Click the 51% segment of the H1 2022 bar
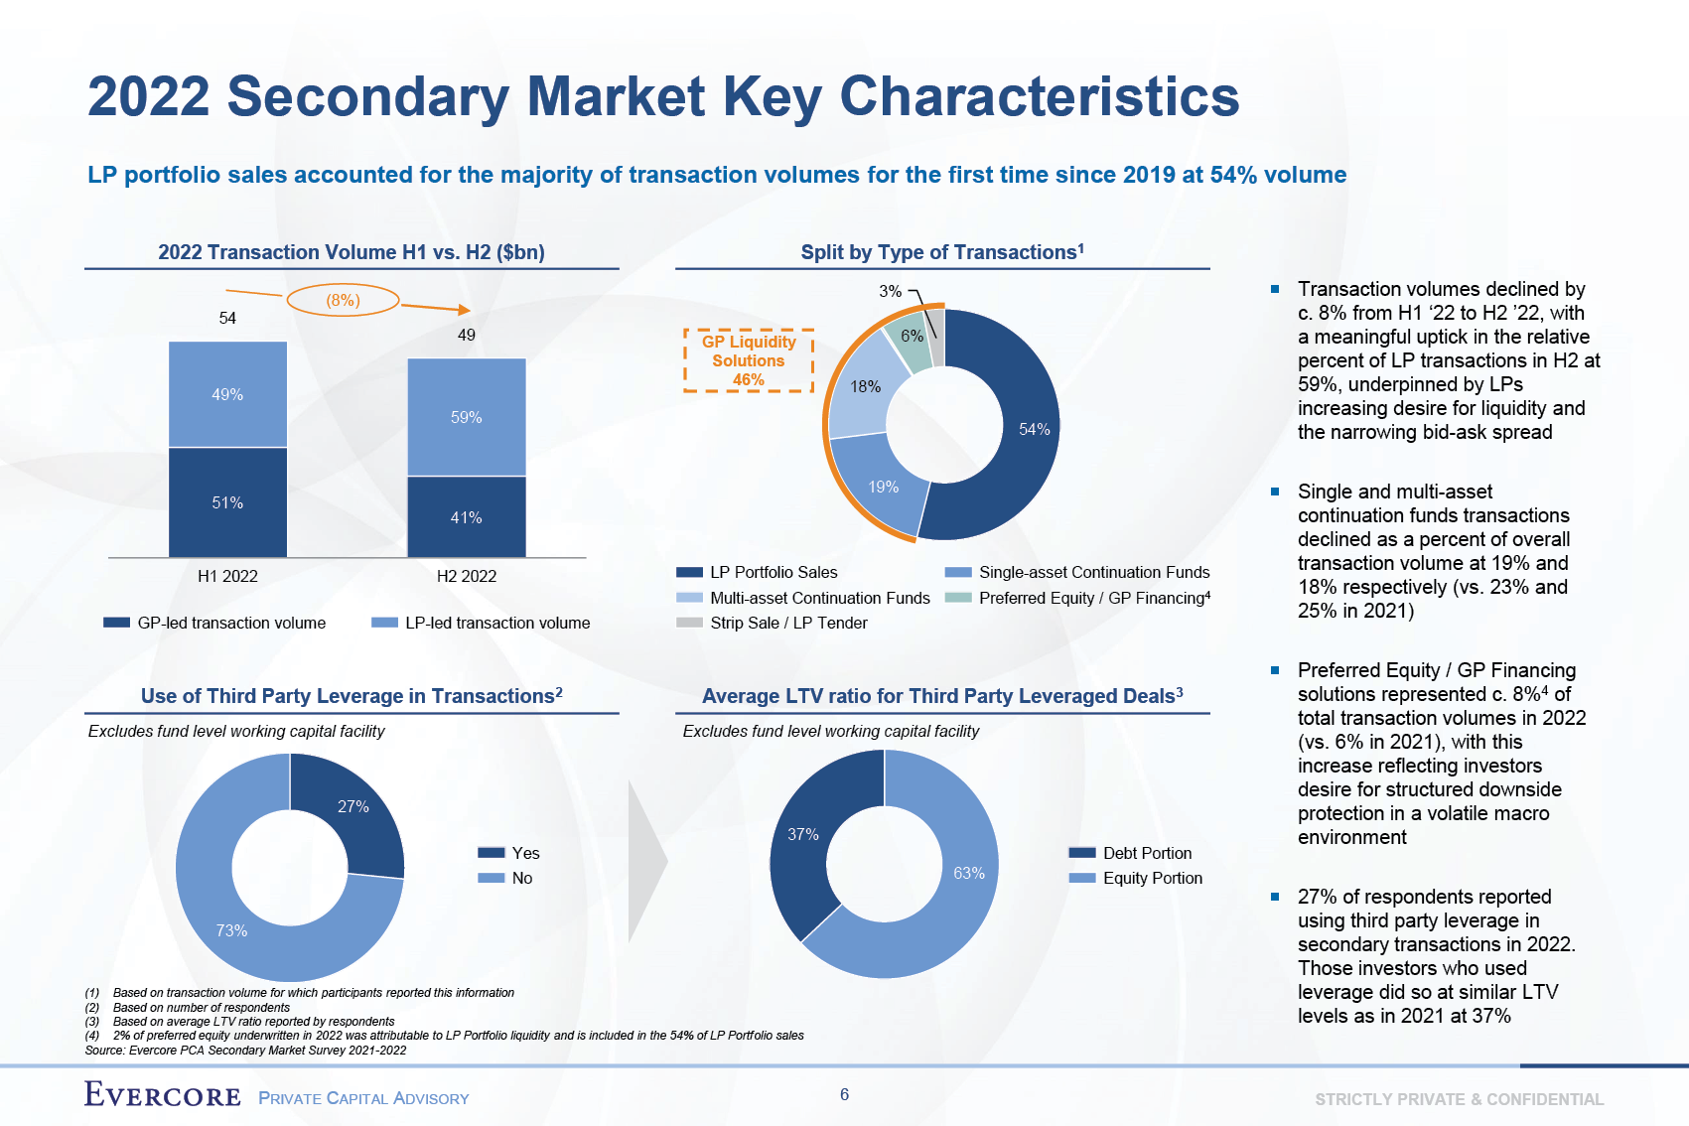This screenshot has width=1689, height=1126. (x=227, y=502)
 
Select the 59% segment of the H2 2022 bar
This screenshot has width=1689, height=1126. (x=466, y=417)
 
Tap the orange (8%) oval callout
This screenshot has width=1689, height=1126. (x=343, y=300)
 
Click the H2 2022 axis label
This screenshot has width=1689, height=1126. (x=466, y=576)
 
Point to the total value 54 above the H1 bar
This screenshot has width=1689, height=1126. (x=227, y=318)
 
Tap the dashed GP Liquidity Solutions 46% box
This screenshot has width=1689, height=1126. (x=749, y=360)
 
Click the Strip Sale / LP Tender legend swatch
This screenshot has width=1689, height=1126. (x=689, y=623)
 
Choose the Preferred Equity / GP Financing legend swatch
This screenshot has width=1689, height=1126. (x=958, y=598)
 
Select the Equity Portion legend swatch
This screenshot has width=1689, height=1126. (x=1082, y=878)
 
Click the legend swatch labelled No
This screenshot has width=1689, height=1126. (x=492, y=878)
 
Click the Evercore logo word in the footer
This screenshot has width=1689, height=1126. (x=163, y=1095)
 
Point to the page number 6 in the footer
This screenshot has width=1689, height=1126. (x=844, y=1094)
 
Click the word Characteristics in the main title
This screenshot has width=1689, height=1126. (x=1039, y=97)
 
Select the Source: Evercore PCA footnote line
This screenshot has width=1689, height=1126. (x=245, y=1050)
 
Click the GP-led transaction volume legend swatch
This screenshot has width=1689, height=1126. (x=116, y=623)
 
